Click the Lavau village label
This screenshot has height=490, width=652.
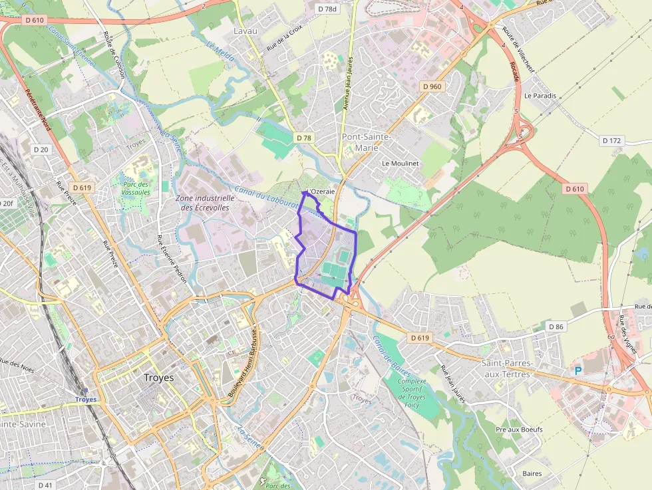[x=245, y=31]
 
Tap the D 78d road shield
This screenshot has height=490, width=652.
[x=327, y=9]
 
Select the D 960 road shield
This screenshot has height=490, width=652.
[x=432, y=86]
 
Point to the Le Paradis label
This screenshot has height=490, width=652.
[x=540, y=96]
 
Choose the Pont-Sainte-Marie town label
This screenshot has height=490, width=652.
[x=365, y=142]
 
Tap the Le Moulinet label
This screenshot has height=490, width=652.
[x=400, y=163]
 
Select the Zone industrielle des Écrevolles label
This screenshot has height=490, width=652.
[x=205, y=202]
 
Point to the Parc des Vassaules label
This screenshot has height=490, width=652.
[x=136, y=188]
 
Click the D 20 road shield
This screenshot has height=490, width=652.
[x=41, y=150]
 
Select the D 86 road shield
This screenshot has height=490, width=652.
[x=556, y=326]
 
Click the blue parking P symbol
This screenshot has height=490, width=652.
[x=578, y=371]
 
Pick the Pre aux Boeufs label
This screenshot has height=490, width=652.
[x=519, y=429]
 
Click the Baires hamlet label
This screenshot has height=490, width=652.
[x=532, y=474]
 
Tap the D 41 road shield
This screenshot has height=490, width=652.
[x=45, y=485]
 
